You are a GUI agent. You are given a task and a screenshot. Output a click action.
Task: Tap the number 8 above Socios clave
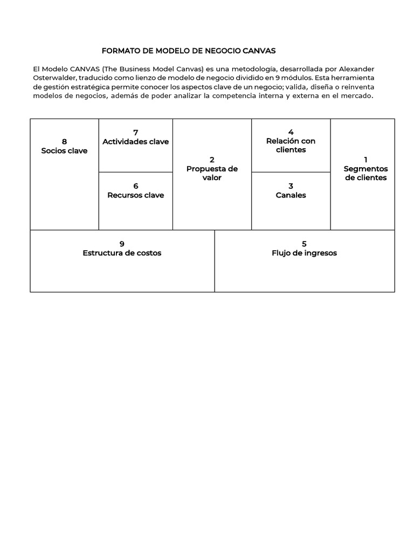pyautogui.click(x=64, y=142)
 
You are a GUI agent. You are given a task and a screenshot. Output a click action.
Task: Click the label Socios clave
pyautogui.click(x=64, y=150)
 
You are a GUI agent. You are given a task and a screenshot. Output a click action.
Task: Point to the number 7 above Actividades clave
pyautogui.click(x=135, y=133)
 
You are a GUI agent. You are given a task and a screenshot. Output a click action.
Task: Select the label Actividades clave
pyautogui.click(x=135, y=141)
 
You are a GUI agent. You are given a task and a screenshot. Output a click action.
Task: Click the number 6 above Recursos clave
pyautogui.click(x=136, y=187)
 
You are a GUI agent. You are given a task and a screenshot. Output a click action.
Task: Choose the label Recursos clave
pyautogui.click(x=136, y=195)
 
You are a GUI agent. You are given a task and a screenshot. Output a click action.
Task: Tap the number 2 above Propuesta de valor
pyautogui.click(x=212, y=160)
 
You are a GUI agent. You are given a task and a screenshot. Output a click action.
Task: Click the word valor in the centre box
pyautogui.click(x=212, y=177)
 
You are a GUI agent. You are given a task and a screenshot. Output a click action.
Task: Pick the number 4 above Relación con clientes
pyautogui.click(x=291, y=132)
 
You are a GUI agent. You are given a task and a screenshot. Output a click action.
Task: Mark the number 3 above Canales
pyautogui.click(x=291, y=187)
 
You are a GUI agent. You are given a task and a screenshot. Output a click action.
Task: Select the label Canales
pyautogui.click(x=291, y=195)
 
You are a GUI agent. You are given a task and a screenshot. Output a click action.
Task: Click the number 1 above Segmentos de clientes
pyautogui.click(x=365, y=160)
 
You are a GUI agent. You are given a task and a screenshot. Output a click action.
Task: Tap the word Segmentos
pyautogui.click(x=365, y=169)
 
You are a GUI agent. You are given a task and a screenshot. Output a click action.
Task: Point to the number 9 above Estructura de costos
pyautogui.click(x=122, y=244)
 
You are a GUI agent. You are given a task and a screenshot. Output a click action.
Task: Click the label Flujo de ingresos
pyautogui.click(x=304, y=253)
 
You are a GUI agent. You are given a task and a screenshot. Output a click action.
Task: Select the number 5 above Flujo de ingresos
pyautogui.click(x=304, y=244)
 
